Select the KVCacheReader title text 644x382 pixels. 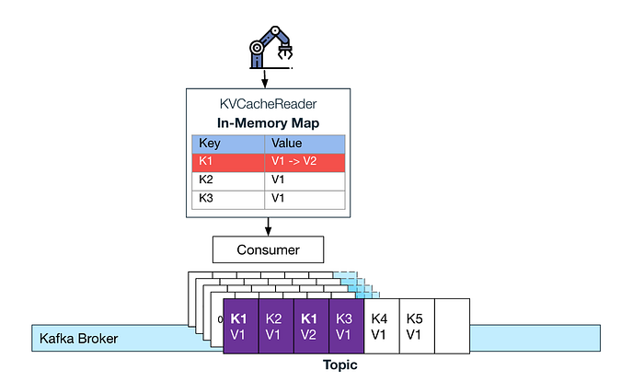point(267,104)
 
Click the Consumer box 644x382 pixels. point(268,248)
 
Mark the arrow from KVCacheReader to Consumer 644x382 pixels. point(268,226)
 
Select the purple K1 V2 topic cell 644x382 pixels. point(311,327)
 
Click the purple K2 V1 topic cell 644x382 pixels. point(275,327)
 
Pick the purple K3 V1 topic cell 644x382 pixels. point(347,327)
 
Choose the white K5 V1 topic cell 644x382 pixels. point(416,327)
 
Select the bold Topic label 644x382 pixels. point(339,365)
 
